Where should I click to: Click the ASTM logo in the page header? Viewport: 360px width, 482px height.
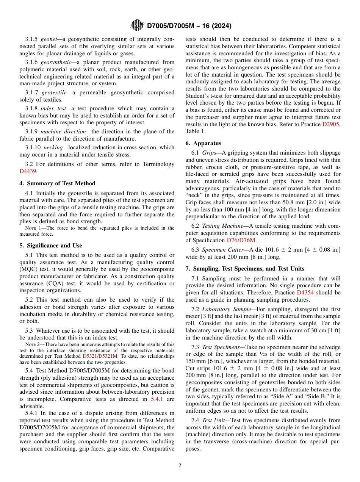(137, 25)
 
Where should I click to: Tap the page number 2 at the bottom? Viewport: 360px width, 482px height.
(180, 466)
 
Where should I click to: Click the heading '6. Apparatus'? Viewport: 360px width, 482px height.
(203, 143)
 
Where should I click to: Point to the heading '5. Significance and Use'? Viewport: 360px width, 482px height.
(51, 246)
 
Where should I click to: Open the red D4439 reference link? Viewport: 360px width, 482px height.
(28, 171)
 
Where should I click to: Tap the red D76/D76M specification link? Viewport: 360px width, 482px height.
(241, 240)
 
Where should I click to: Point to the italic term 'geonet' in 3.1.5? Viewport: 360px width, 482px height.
(49, 39)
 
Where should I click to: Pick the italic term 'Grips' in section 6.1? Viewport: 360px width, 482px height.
(209, 153)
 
